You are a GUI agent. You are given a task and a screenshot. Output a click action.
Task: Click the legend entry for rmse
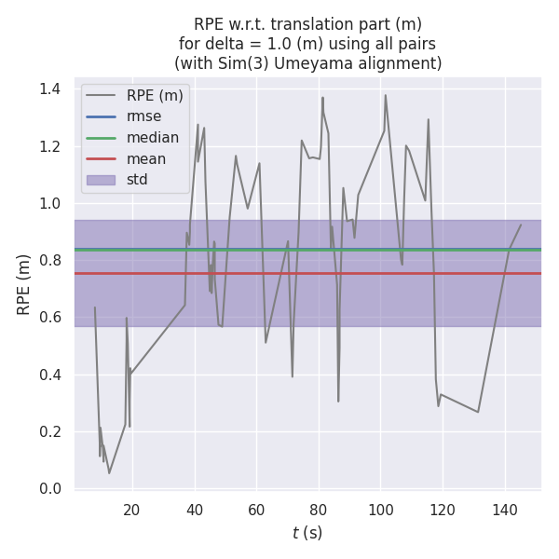click(x=143, y=116)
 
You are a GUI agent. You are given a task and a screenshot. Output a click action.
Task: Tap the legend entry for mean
click(x=146, y=158)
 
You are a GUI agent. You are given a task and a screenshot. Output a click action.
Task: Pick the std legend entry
click(x=137, y=180)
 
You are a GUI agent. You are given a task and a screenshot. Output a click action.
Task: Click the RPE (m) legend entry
click(x=156, y=95)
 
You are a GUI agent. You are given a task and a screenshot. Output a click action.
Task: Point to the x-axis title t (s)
click(x=307, y=533)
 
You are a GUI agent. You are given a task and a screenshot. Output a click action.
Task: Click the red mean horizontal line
click(x=279, y=274)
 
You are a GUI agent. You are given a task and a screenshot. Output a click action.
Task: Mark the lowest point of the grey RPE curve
click(x=109, y=473)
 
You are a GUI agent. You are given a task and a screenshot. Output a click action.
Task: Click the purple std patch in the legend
click(x=101, y=180)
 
